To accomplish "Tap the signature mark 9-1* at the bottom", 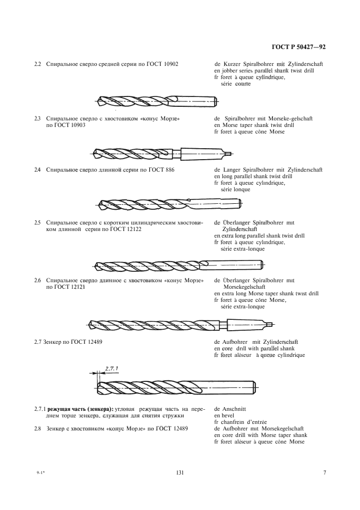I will [x=39, y=472].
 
